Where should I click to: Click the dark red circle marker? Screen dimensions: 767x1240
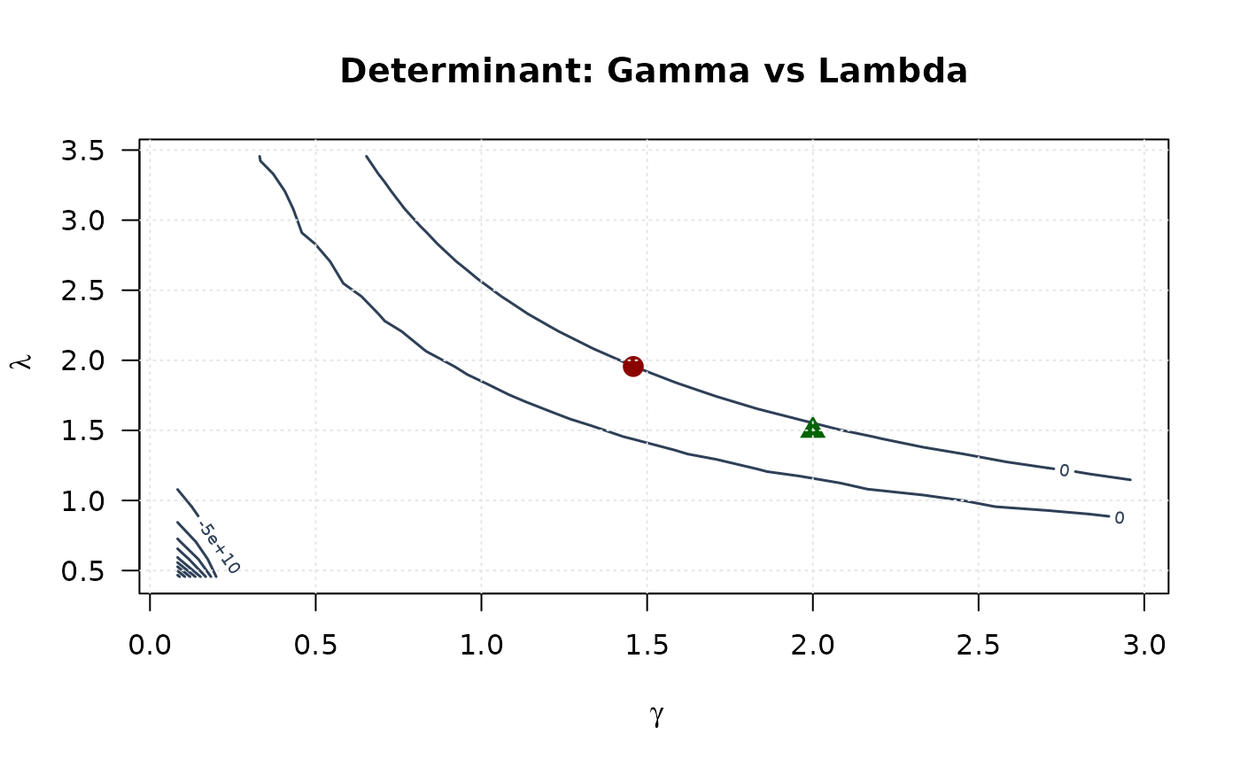632,366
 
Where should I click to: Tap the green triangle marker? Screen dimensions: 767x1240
812,429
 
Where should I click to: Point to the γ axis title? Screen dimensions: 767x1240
656,716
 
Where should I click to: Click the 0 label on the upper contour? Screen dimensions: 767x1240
1064,470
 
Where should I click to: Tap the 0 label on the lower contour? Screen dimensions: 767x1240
1119,517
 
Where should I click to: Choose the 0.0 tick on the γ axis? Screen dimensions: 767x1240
150,644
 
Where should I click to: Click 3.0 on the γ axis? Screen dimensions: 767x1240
1143,644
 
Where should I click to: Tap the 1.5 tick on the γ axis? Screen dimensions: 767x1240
647,644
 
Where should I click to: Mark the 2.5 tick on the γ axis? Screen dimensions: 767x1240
978,644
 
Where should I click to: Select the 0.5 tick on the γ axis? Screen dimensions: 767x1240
315,644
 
